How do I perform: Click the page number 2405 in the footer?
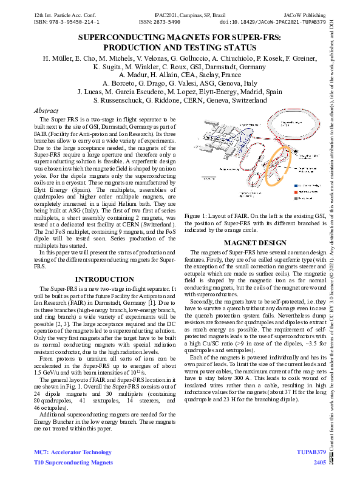point(319,463)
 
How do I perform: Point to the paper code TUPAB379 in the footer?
point(312,452)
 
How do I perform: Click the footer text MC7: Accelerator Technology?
point(72,452)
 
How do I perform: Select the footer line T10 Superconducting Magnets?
point(73,463)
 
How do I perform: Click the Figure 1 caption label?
point(198,216)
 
